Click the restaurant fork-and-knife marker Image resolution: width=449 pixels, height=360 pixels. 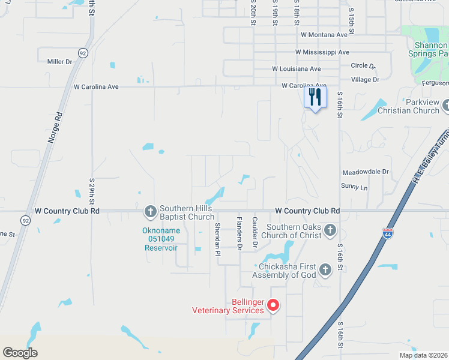(x=316, y=97)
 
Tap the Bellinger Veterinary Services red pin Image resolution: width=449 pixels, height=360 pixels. (x=273, y=306)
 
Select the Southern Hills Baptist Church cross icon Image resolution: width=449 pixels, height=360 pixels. (x=151, y=211)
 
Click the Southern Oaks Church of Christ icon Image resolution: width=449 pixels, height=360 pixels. (x=330, y=230)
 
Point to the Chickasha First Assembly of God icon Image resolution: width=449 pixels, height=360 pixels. (x=325, y=270)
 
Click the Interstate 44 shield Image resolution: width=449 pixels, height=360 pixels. (x=388, y=233)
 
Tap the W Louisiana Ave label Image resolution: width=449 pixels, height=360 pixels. (x=296, y=69)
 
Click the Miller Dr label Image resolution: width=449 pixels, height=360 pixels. (x=59, y=61)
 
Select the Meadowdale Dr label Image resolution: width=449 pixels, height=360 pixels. (x=365, y=172)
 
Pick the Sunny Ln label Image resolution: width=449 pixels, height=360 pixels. (x=354, y=188)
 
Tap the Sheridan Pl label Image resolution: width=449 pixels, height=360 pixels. (x=217, y=238)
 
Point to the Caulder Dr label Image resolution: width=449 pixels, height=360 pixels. (x=255, y=232)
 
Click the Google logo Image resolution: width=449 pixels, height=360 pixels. (x=20, y=353)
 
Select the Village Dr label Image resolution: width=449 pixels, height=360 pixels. (x=365, y=79)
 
